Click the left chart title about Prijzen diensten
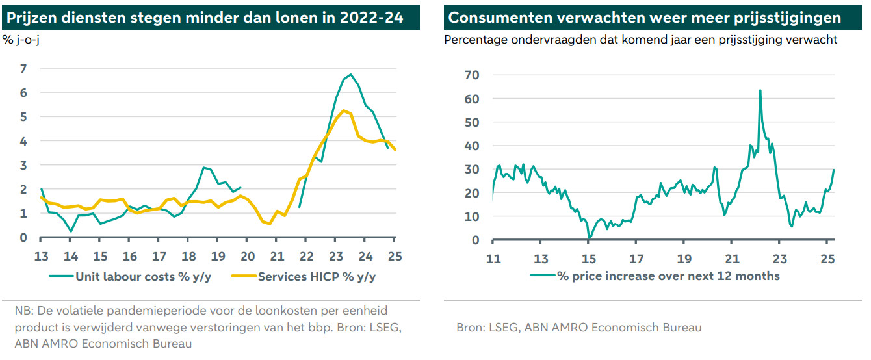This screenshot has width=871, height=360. [x=205, y=18]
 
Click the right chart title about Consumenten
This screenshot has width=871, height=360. [x=644, y=18]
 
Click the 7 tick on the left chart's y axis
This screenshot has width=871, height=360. [x=24, y=68]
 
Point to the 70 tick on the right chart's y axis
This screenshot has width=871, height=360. [x=473, y=75]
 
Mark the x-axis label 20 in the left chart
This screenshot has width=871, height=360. [x=248, y=255]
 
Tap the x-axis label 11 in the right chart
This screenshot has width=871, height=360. [x=493, y=259]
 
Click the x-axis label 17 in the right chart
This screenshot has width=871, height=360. [x=636, y=259]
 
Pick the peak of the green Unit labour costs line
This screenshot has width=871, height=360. [x=351, y=75]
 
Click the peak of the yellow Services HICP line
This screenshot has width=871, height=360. [x=344, y=110]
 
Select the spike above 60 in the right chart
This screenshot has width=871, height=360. [x=760, y=90]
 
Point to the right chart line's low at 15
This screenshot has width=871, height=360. [x=589, y=238]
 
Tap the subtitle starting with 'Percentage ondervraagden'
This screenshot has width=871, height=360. [x=640, y=40]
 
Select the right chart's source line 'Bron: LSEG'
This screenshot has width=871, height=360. [x=578, y=328]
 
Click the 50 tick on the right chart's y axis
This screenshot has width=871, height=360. [x=473, y=122]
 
